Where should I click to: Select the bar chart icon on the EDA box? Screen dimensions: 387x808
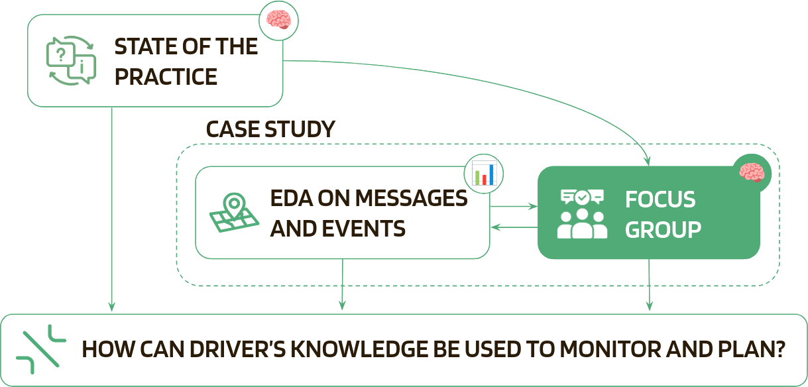point(484,174)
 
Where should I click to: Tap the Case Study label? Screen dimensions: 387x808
point(270,129)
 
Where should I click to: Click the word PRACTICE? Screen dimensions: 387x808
point(166,76)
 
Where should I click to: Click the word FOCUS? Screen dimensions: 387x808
point(660,199)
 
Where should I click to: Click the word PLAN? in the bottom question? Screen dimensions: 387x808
point(755,349)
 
